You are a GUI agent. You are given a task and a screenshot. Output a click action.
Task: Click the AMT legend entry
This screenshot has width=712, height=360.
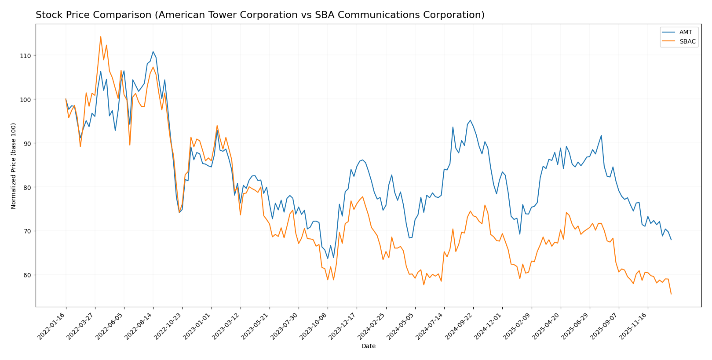(685, 33)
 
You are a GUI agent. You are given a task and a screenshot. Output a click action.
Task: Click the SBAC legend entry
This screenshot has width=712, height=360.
(687, 42)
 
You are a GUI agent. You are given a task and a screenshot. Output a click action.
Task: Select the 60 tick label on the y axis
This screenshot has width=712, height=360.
(26, 275)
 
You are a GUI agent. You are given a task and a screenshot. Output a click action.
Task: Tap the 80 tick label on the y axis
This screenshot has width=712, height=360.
(26, 187)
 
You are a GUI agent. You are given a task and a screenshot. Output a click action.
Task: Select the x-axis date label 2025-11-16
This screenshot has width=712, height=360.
(635, 326)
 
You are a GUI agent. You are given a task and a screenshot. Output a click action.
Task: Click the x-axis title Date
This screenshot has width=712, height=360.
(368, 346)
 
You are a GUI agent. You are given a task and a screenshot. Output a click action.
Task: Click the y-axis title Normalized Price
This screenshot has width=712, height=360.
(14, 166)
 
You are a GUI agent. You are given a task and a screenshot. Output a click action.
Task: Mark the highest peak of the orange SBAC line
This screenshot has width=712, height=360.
(100, 36)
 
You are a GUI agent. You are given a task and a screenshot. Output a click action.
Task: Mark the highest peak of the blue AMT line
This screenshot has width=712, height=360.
(153, 51)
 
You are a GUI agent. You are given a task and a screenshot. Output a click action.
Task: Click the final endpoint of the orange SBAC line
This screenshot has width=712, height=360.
(671, 294)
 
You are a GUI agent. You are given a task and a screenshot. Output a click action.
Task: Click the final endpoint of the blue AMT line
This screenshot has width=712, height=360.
(671, 240)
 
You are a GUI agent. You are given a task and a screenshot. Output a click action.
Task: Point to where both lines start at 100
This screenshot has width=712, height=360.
(66, 99)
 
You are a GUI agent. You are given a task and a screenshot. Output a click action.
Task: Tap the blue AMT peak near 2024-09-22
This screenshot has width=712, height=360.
(470, 120)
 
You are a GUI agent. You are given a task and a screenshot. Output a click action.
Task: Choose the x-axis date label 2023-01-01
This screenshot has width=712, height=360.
(198, 326)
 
